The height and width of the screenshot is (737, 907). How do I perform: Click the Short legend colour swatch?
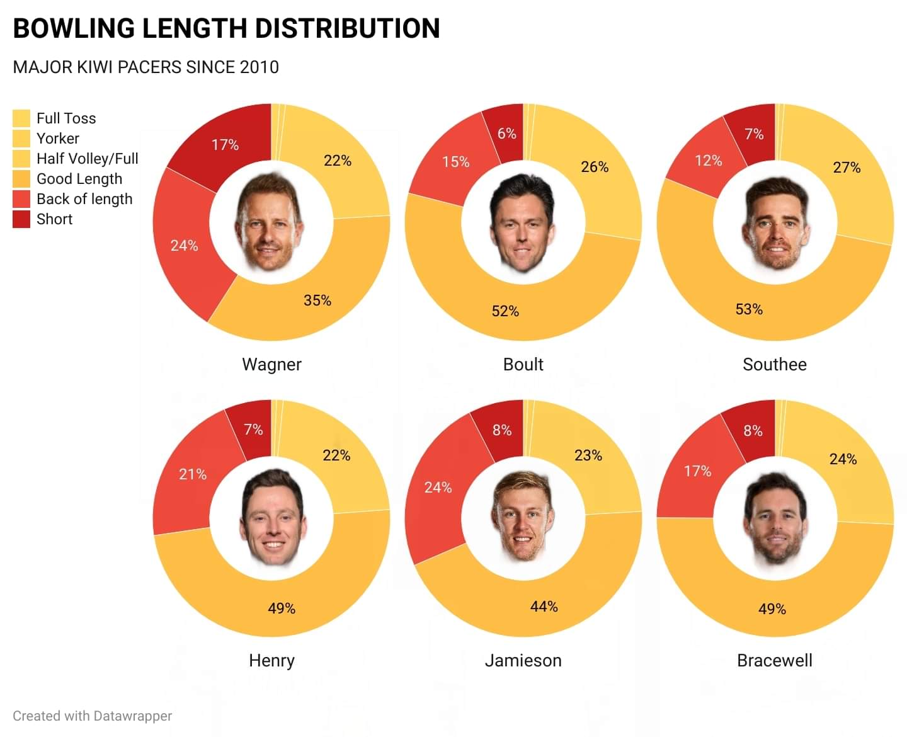(x=21, y=219)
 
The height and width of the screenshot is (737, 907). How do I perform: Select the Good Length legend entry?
(x=79, y=179)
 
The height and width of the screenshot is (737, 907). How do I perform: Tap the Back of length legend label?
(x=84, y=199)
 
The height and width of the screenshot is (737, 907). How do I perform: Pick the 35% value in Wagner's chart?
(x=317, y=300)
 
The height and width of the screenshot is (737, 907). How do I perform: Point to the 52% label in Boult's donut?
(x=505, y=311)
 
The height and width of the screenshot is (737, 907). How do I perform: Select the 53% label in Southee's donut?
(x=749, y=309)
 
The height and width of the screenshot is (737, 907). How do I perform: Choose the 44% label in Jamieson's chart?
(x=544, y=607)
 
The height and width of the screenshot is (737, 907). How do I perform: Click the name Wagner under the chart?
(x=271, y=365)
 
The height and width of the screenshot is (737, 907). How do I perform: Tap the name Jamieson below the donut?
(x=523, y=661)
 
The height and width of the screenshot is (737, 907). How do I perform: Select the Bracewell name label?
(x=774, y=661)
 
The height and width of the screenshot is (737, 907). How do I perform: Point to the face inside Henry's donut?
(x=271, y=518)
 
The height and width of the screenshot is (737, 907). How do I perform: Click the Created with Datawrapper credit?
(x=92, y=716)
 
